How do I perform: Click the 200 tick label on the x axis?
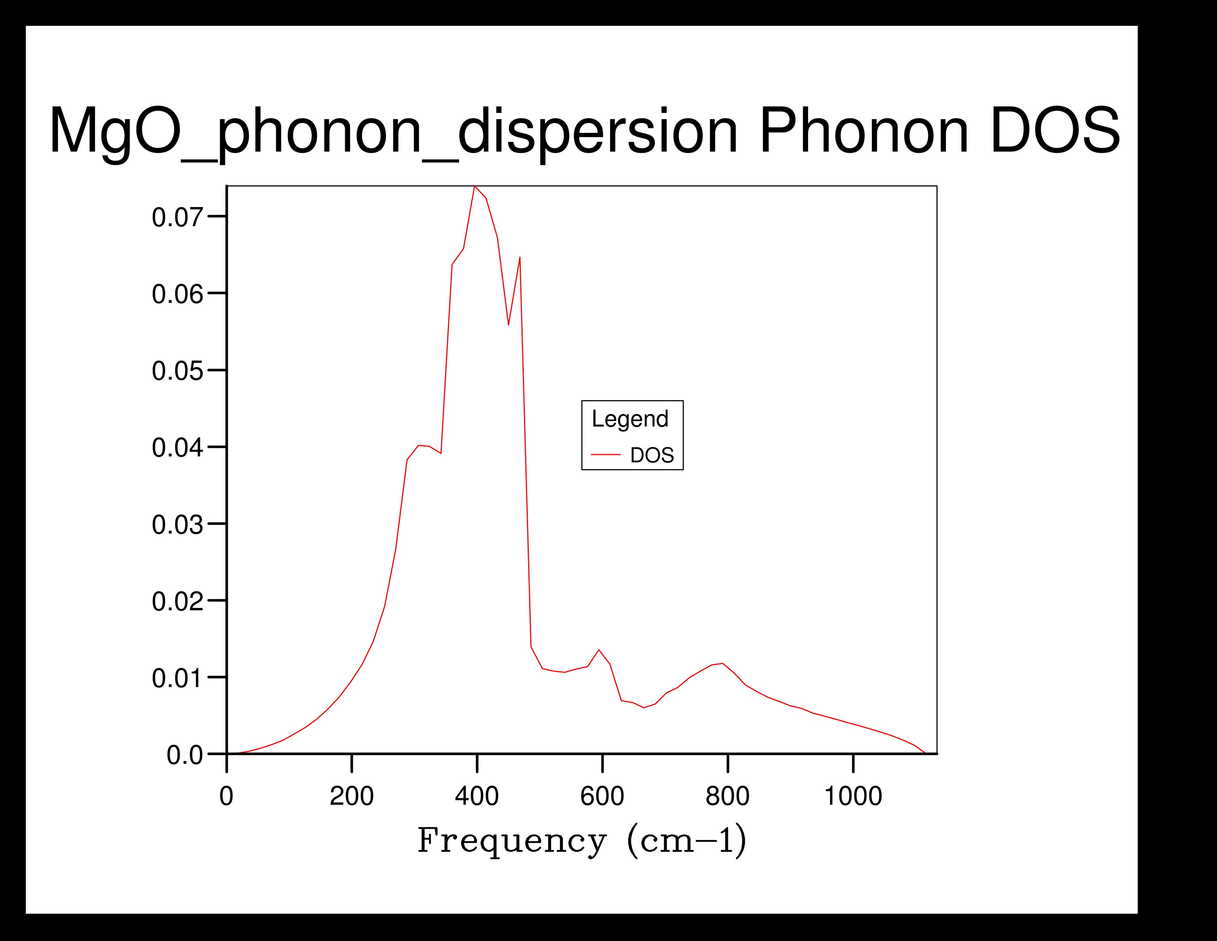click(351, 796)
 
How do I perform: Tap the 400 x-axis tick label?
click(477, 796)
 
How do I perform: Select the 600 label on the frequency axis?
click(602, 796)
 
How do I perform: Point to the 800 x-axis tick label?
click(728, 796)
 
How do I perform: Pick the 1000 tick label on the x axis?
click(853, 796)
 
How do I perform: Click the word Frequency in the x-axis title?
click(512, 841)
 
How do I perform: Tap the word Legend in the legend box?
click(630, 419)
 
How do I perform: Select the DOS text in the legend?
click(652, 455)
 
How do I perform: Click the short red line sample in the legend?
click(606, 455)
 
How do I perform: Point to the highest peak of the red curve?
click(474, 187)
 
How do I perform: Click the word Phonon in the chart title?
click(864, 131)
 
